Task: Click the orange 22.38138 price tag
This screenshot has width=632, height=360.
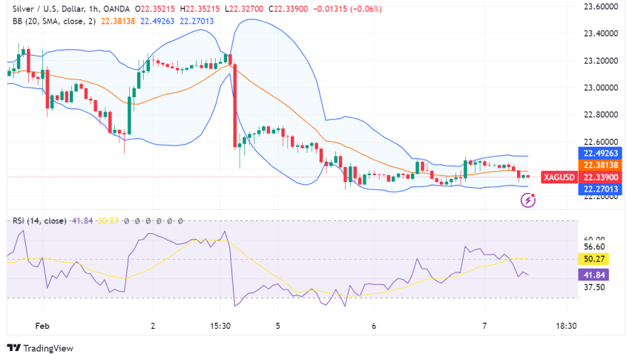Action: click(x=598, y=166)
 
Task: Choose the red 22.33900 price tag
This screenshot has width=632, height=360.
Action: click(x=598, y=177)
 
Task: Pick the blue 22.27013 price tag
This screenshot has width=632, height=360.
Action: click(x=598, y=189)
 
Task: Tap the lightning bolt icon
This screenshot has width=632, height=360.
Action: click(x=528, y=200)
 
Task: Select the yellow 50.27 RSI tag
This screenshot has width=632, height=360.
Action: click(x=590, y=259)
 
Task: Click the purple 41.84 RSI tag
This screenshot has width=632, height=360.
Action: click(x=590, y=274)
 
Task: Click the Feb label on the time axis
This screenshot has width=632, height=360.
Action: click(x=42, y=325)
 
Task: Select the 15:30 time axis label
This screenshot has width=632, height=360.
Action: click(x=220, y=325)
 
